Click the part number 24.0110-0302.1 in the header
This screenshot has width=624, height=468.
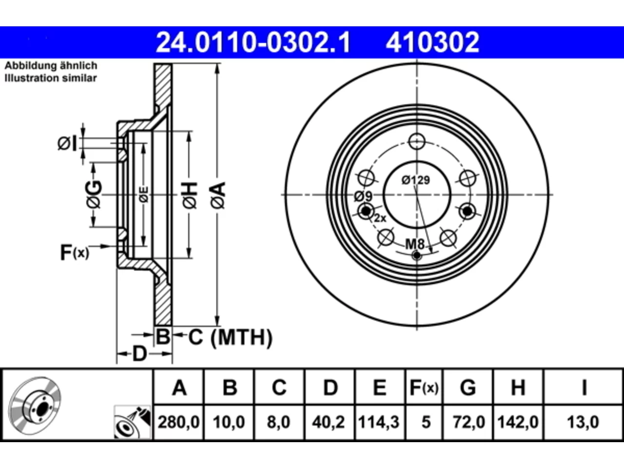click(253, 42)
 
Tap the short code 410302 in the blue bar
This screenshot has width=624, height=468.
click(432, 42)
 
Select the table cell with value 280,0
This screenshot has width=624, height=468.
click(178, 422)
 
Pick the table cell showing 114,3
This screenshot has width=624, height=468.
click(379, 422)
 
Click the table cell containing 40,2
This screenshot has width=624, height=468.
click(329, 422)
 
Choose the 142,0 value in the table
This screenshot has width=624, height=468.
click(518, 422)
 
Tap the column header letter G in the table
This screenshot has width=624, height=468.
click(468, 388)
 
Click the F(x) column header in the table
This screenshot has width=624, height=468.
click(424, 388)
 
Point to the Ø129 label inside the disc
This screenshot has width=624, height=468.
click(416, 180)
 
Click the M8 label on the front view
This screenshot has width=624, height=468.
click(415, 244)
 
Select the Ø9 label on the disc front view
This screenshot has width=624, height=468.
click(363, 196)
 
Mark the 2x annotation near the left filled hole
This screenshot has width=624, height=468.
click(380, 218)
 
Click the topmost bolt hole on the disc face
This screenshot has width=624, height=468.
click(417, 141)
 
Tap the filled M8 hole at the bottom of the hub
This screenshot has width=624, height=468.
click(417, 256)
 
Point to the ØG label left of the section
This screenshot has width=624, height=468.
click(94, 195)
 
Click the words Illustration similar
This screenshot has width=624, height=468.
click(51, 78)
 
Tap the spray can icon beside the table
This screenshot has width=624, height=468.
click(132, 423)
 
